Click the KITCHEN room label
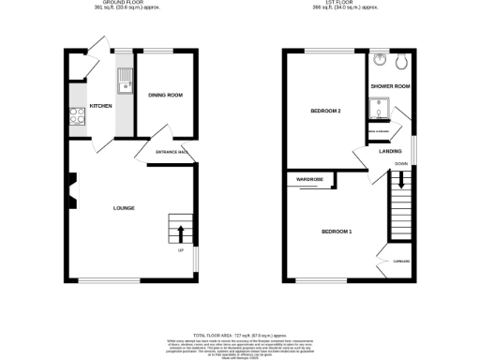pos(101,106)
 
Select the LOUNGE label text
pos(123,207)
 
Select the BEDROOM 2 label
pos(323,112)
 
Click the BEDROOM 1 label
pos(337,231)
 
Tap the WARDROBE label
pos(309,178)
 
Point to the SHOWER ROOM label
pos(389,86)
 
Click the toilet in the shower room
pos(401,63)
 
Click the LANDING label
pos(390,150)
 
